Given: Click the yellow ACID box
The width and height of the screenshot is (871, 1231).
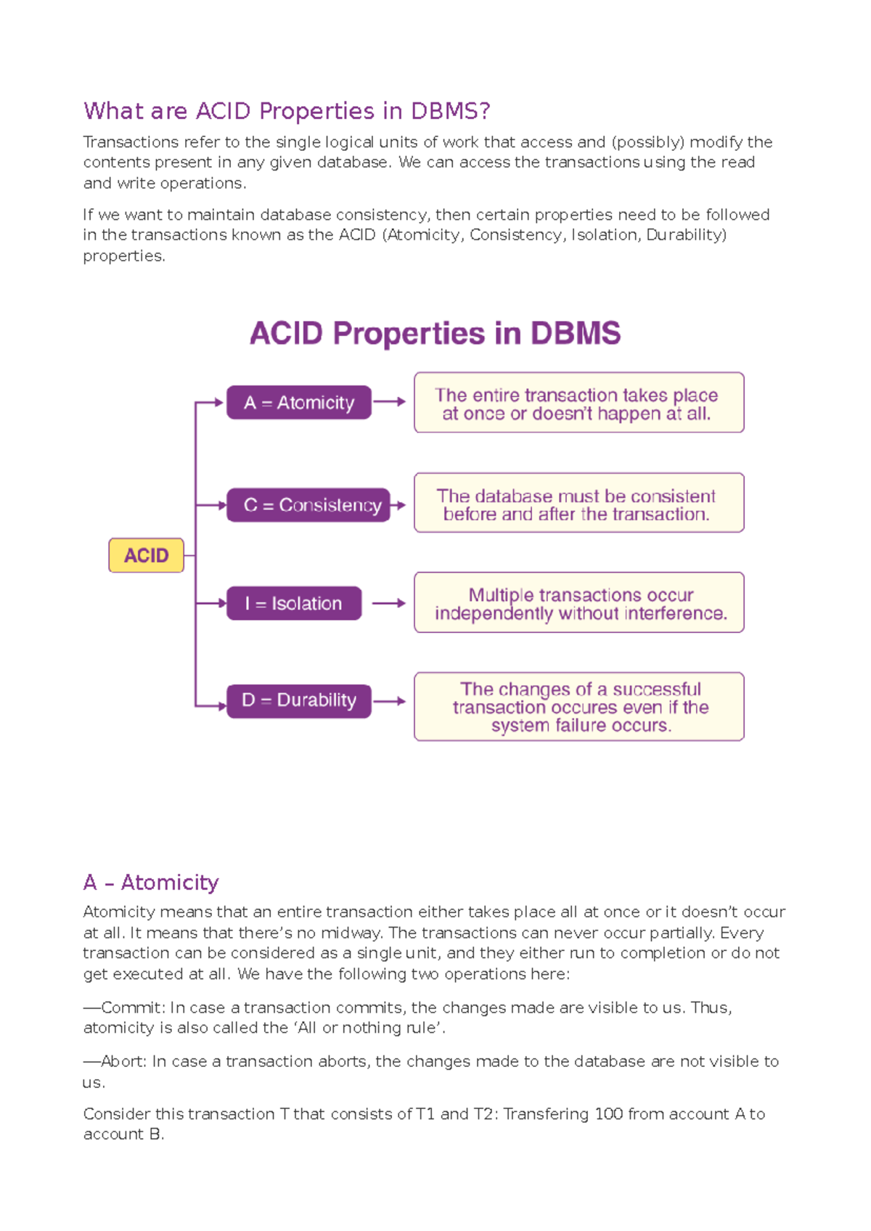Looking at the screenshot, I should [146, 555].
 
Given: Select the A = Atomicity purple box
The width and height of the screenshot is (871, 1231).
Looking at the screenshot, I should [298, 402].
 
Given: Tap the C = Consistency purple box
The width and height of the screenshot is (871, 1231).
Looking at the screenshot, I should [308, 504].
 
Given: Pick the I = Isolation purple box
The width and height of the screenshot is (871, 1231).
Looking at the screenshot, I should [293, 603].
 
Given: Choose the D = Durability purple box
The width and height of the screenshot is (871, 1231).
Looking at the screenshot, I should [298, 700].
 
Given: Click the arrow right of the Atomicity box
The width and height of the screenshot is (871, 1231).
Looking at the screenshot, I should [390, 401].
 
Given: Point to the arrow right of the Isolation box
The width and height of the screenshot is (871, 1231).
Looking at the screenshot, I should [388, 603].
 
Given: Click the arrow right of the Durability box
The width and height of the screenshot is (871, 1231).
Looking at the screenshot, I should [390, 701].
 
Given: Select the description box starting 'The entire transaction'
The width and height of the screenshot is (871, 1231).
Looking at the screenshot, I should [578, 403].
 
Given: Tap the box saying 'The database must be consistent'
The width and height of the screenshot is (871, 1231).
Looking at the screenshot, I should [578, 503].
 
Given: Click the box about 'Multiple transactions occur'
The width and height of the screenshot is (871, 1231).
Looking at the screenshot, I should [578, 602].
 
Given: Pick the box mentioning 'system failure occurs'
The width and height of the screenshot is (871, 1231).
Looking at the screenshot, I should [578, 706].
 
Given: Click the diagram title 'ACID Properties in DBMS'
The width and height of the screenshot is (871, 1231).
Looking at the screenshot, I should [435, 333].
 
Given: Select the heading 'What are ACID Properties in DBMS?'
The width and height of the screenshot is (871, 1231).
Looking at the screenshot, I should [287, 111].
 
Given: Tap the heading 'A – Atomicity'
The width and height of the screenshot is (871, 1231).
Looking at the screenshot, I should [151, 882].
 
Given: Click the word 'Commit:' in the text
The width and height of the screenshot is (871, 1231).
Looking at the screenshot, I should [132, 1007].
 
